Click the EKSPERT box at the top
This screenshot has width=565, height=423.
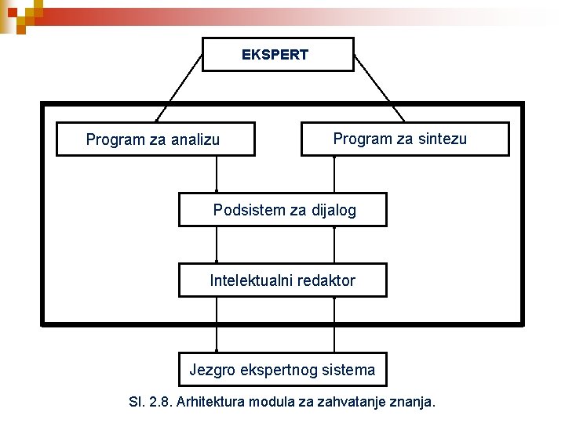click(275, 55)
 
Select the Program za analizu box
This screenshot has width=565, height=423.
click(155, 139)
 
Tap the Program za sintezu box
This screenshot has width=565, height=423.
click(405, 139)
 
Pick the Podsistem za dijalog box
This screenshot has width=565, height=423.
click(282, 210)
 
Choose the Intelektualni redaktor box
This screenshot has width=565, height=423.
click(282, 280)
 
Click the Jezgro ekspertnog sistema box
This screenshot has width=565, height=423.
click(282, 369)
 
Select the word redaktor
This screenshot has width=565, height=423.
click(326, 280)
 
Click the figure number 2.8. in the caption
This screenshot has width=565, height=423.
click(160, 403)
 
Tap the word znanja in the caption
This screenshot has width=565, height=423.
click(421, 403)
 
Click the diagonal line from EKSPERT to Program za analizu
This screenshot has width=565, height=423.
click(180, 88)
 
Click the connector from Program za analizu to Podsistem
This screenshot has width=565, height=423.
click(217, 174)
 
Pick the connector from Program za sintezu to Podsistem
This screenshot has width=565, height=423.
click(334, 174)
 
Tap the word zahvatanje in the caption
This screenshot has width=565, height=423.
click(361, 403)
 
